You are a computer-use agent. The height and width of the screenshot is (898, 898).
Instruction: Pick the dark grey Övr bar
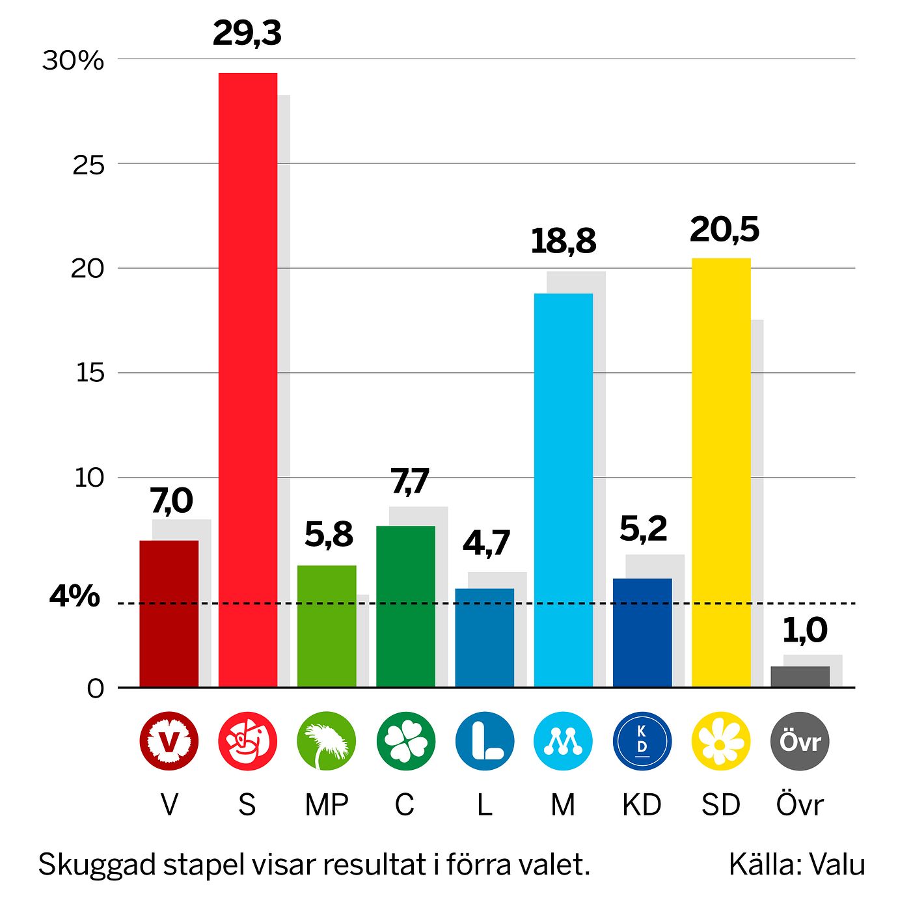tap(800, 677)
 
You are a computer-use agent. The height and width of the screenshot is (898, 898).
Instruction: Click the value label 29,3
tap(247, 33)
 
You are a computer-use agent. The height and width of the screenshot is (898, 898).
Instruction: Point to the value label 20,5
tap(724, 230)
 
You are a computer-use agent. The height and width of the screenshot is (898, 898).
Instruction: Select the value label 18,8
tap(563, 241)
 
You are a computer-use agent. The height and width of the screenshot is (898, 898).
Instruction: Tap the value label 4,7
tap(486, 543)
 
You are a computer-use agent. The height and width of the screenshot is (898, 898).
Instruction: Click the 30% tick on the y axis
tap(73, 61)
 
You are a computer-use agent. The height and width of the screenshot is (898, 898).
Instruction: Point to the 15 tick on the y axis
tap(90, 374)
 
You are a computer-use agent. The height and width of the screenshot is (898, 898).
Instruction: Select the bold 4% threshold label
tap(75, 596)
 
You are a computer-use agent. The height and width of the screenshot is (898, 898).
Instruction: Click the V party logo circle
tap(169, 741)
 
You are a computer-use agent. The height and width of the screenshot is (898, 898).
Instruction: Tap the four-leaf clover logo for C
tap(405, 741)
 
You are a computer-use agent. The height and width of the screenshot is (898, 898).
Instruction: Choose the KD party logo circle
tap(642, 741)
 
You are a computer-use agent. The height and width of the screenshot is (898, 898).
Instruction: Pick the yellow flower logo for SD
tap(720, 741)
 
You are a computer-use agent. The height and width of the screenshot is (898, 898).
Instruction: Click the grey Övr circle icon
tap(800, 741)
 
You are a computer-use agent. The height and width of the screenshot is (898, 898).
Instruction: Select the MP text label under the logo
tap(327, 805)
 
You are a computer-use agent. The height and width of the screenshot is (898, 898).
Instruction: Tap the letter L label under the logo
tap(484, 805)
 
